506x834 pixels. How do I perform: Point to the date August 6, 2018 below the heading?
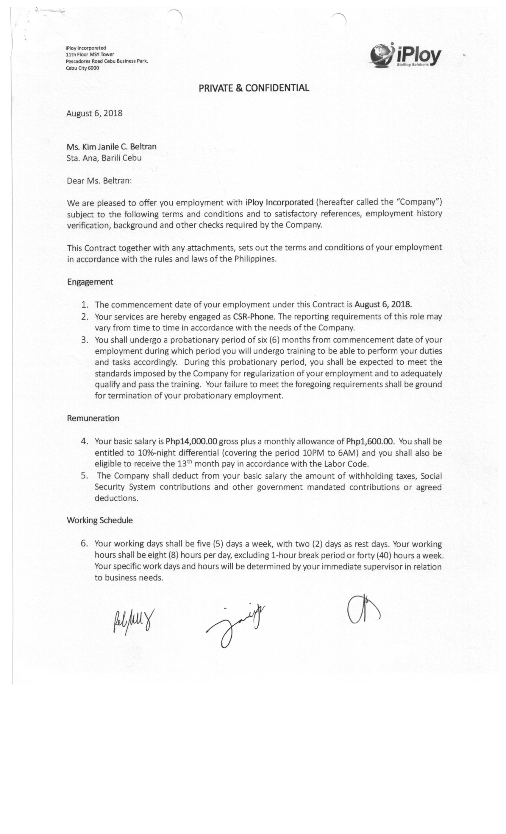(94, 113)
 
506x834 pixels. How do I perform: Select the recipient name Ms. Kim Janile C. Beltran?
(112, 147)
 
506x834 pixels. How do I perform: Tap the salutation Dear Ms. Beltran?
(99, 181)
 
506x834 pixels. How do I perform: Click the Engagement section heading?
(90, 281)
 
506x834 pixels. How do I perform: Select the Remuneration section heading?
(93, 418)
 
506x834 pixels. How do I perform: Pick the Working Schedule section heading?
(99, 520)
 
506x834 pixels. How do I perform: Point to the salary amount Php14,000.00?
(191, 441)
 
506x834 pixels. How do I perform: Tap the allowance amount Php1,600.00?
(370, 441)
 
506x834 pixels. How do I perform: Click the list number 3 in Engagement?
(85, 340)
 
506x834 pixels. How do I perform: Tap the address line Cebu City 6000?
(82, 68)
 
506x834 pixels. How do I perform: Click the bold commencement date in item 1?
(383, 304)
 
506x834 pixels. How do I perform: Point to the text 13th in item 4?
(185, 463)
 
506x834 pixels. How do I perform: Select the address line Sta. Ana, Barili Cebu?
(104, 158)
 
